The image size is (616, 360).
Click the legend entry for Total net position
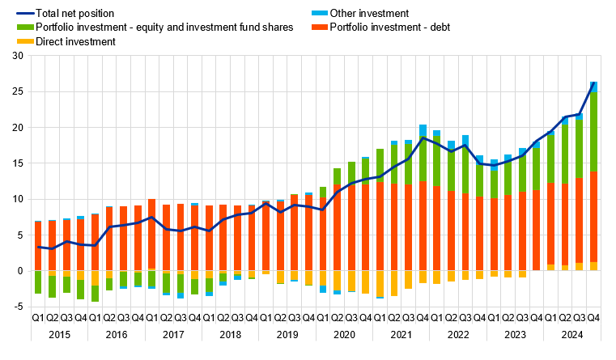tap(69, 13)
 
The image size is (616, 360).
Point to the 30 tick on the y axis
tap(17, 56)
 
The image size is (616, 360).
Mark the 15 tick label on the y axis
tap(17, 163)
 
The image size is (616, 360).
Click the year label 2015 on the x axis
tap(59, 333)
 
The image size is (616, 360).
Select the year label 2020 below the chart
tap(344, 333)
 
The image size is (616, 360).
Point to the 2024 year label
tap(571, 333)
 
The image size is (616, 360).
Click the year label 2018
tap(231, 333)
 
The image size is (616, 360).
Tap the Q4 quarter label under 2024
tap(593, 319)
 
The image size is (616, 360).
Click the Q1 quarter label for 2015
tap(38, 319)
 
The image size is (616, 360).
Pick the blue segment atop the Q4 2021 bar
tap(423, 130)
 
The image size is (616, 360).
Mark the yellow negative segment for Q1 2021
tap(380, 284)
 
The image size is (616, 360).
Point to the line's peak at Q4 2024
tap(593, 83)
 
